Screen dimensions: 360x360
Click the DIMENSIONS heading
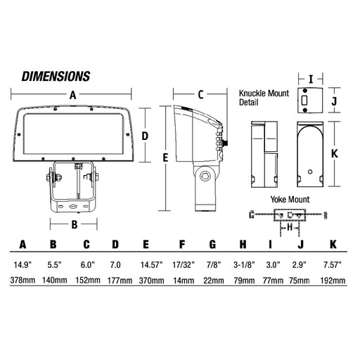click(x=56, y=77)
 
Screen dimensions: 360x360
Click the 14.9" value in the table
click(x=22, y=265)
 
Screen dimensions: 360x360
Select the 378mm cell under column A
click(x=22, y=280)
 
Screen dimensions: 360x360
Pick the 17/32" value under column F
click(x=184, y=265)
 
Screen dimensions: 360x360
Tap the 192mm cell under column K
click(x=333, y=281)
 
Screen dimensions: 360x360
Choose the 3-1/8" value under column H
click(x=244, y=265)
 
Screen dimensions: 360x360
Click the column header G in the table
click(x=212, y=245)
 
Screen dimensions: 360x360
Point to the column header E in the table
click(x=146, y=245)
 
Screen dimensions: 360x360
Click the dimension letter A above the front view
click(x=73, y=95)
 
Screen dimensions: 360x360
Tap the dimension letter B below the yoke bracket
click(x=75, y=224)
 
